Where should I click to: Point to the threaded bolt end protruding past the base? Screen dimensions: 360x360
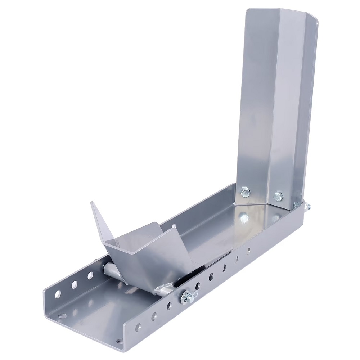coord(308,207)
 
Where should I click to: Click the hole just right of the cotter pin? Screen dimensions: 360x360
coord(198,286)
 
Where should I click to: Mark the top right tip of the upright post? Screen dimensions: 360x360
coord(317,22)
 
